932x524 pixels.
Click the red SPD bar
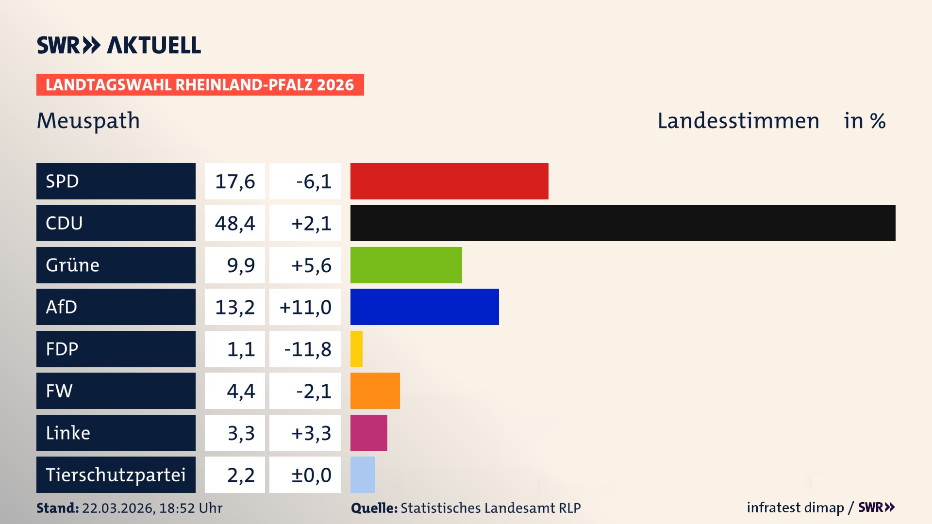click(x=449, y=181)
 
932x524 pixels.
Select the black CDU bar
click(x=622, y=223)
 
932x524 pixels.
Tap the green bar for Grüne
click(x=406, y=265)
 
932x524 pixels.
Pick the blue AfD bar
click(x=424, y=307)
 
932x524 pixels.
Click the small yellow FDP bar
click(x=356, y=349)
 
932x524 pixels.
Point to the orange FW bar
click(x=375, y=391)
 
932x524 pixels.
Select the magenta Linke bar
click(x=368, y=433)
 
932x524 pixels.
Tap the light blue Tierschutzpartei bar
click(x=363, y=475)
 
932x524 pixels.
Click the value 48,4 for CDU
click(x=235, y=223)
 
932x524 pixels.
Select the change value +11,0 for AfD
click(x=305, y=307)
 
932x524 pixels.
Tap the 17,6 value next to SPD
click(x=235, y=181)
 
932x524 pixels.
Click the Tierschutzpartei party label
click(x=116, y=475)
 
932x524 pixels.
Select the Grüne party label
click(x=116, y=265)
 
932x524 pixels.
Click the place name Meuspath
click(x=88, y=120)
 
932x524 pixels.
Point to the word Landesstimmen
click(x=738, y=121)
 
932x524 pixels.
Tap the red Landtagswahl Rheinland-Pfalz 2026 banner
click(x=200, y=85)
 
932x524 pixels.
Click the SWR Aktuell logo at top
click(x=119, y=45)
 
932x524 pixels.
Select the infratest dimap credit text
click(x=795, y=508)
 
